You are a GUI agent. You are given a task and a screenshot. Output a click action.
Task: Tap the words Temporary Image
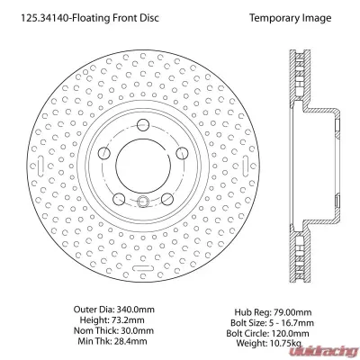click(291, 18)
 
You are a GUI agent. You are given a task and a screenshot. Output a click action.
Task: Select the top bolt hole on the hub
click(143, 125)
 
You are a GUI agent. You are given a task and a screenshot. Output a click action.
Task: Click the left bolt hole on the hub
click(104, 153)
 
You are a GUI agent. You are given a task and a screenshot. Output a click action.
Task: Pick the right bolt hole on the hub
click(182, 153)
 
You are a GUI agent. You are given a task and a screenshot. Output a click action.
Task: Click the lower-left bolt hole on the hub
click(119, 198)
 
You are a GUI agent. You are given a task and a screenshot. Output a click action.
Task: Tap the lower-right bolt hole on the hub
click(167, 198)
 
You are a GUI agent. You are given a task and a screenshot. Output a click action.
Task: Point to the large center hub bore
click(143, 166)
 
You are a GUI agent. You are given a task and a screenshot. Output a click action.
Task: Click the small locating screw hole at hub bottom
click(143, 201)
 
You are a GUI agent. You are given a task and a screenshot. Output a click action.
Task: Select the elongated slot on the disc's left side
click(41, 166)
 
